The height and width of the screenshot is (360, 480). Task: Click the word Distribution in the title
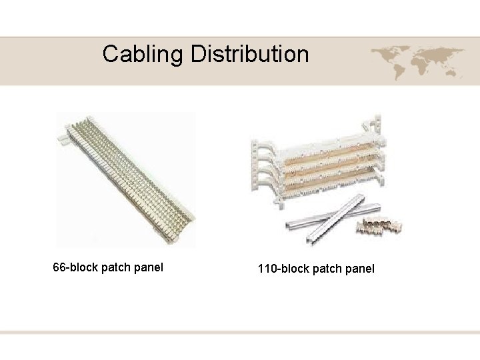(x=250, y=54)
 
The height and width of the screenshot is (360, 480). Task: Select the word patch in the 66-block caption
(x=116, y=267)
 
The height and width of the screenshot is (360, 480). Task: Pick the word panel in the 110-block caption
(x=359, y=269)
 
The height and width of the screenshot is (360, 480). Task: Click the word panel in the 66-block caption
(x=148, y=267)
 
